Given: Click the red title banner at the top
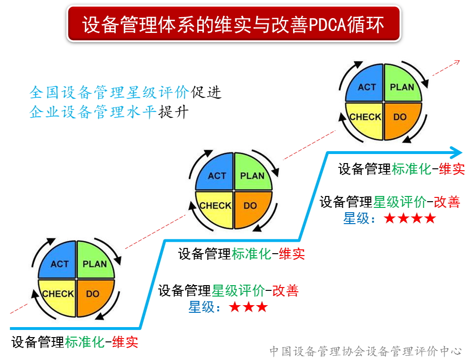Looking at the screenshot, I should (233, 24).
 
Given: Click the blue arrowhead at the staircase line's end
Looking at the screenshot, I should (456, 153).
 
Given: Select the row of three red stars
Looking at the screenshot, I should (248, 307).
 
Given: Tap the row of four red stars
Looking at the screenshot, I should (410, 219).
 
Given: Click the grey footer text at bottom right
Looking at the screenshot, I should (365, 351).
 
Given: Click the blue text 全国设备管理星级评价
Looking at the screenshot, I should (110, 92).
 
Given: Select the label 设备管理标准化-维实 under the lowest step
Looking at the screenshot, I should (75, 342).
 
